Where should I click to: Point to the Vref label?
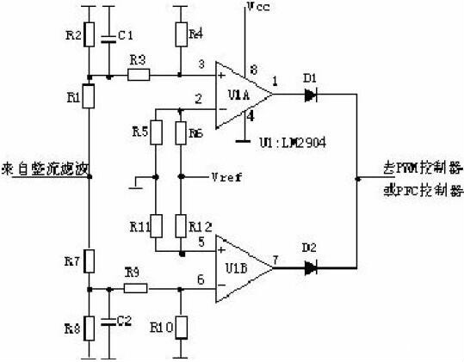pos(225,177)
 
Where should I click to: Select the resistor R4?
pos(180,34)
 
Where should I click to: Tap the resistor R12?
pos(180,226)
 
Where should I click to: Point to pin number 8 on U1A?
pos(252,69)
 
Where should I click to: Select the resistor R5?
pos(156,132)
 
